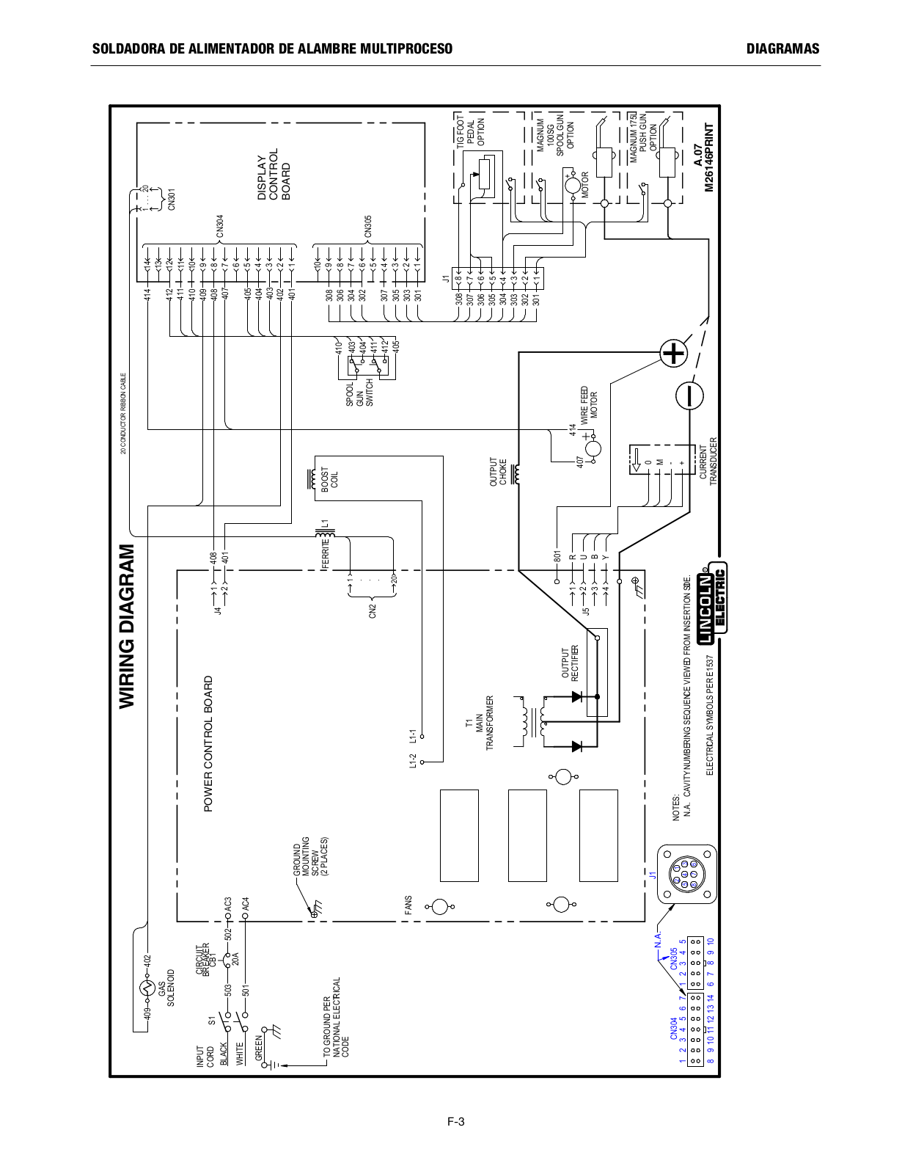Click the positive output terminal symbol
tap(673, 354)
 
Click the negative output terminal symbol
tap(689, 395)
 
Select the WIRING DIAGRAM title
tap(128, 626)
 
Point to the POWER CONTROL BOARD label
tap(208, 743)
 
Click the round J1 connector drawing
tap(686, 874)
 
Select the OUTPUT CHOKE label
tap(498, 473)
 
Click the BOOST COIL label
tap(329, 478)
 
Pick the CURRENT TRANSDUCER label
tap(708, 462)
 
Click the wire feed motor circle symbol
tap(593, 448)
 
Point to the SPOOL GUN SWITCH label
tap(359, 394)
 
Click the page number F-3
tap(456, 1121)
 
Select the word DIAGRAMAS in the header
tap(782, 49)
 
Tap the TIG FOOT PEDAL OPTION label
tap(470, 132)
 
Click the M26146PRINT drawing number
tap(708, 158)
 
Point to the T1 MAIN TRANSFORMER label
tap(480, 723)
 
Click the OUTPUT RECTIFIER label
tap(570, 663)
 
